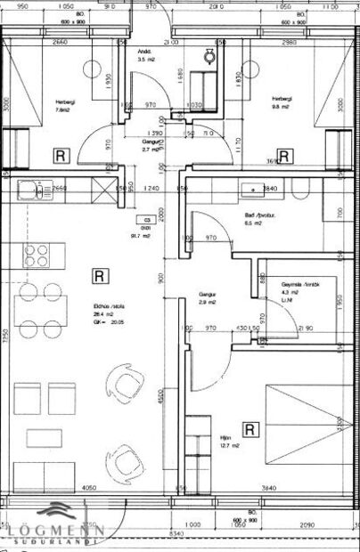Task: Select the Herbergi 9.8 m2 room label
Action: tap(282, 103)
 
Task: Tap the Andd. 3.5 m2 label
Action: tap(143, 55)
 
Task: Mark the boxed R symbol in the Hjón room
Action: tap(250, 429)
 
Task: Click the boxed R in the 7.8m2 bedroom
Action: tap(61, 156)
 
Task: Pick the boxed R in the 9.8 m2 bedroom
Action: tap(283, 157)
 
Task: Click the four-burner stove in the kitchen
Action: tap(37, 256)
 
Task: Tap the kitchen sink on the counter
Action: tap(29, 188)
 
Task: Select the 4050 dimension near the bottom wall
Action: tap(88, 488)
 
